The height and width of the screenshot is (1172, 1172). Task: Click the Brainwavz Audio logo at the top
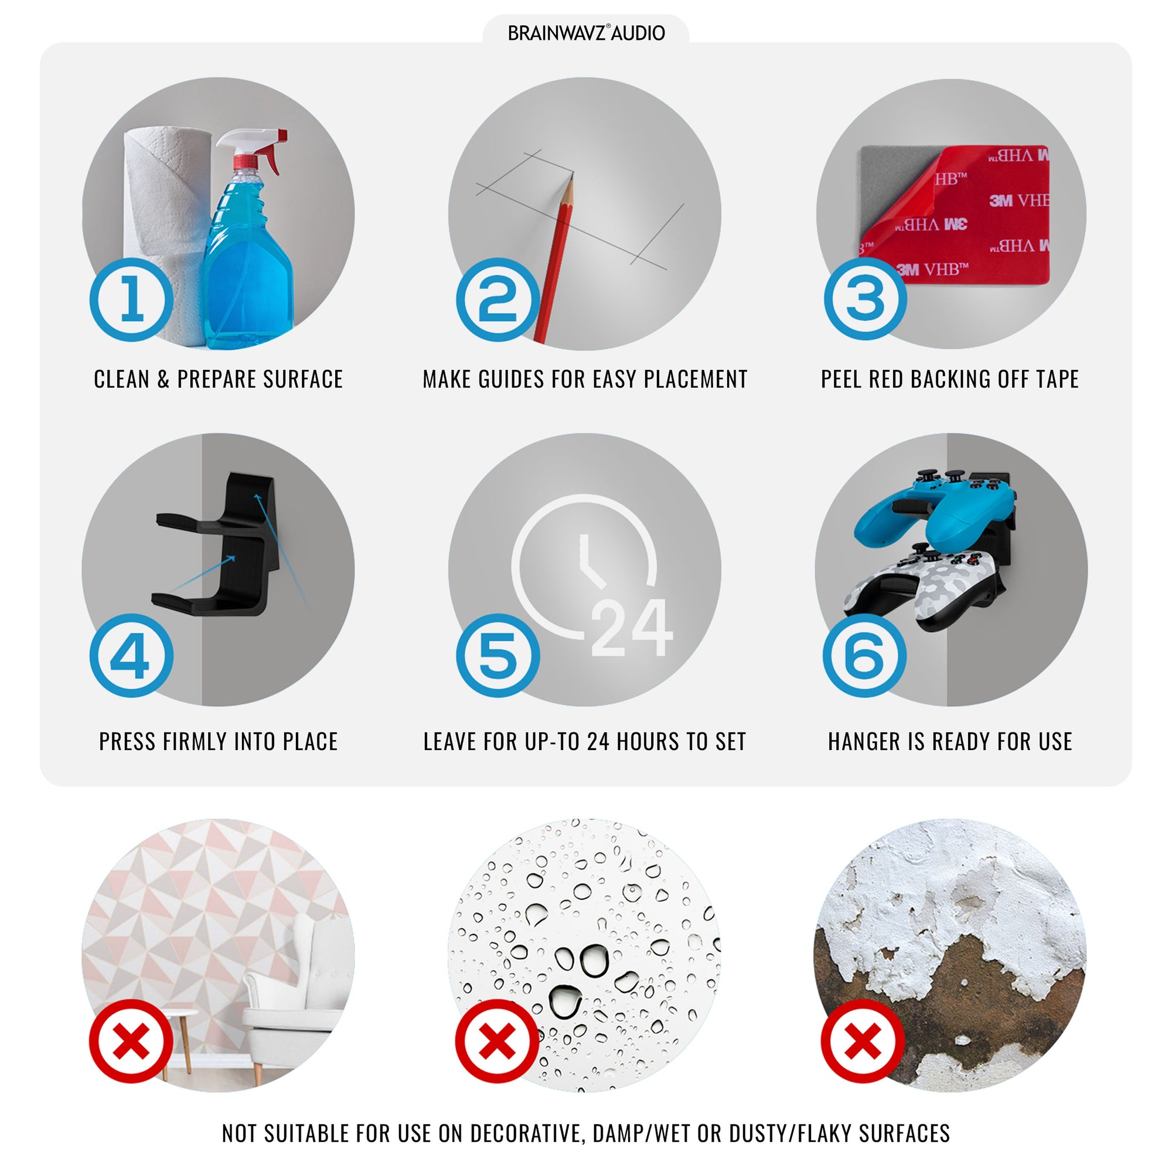[586, 33]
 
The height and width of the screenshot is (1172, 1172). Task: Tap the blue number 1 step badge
[132, 299]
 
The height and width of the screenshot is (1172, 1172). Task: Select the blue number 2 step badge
[498, 299]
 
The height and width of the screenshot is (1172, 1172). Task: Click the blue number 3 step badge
[865, 298]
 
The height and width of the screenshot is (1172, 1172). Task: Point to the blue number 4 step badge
[132, 655]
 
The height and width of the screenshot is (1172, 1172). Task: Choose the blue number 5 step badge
[498, 655]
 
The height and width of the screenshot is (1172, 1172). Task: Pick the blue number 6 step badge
[865, 655]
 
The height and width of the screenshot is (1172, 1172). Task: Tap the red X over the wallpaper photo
[131, 1041]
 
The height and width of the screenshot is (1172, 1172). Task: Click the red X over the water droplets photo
[498, 1041]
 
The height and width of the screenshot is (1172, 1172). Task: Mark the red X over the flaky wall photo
[863, 1041]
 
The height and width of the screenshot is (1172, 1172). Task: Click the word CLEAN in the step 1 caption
[121, 379]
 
